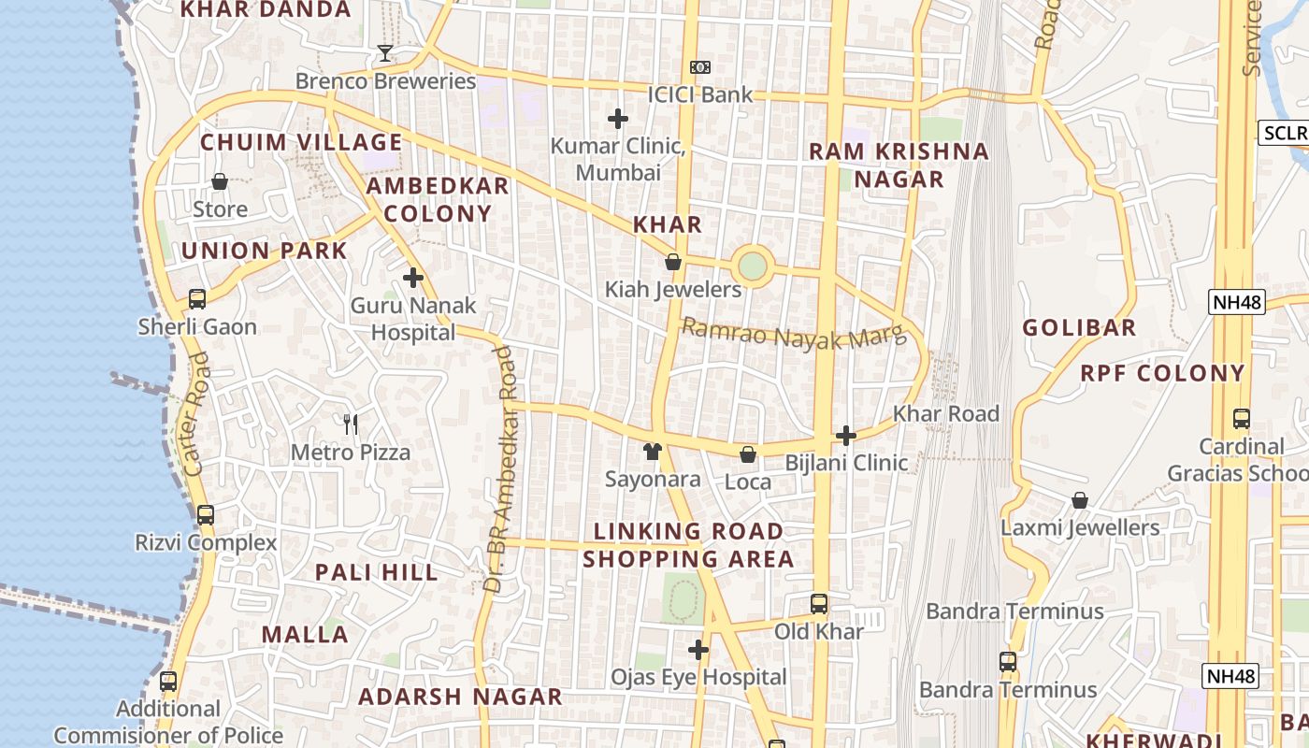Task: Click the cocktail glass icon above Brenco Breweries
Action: [x=384, y=53]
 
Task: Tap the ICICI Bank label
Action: [x=700, y=93]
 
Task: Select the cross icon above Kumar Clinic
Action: [x=618, y=119]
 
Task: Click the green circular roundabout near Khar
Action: [x=752, y=266]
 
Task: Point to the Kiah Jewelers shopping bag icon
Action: [x=672, y=263]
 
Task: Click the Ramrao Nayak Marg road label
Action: [x=794, y=334]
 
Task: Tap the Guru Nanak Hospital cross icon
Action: [x=413, y=278]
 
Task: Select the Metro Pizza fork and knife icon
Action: [x=351, y=424]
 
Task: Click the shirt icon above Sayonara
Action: [x=653, y=452]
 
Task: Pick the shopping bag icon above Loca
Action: [x=748, y=455]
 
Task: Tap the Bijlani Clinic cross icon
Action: [x=846, y=436]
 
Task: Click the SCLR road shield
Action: [x=1283, y=133]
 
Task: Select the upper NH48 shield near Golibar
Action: [x=1236, y=301]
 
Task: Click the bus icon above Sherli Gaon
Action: [x=197, y=299]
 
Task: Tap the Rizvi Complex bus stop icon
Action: [x=206, y=515]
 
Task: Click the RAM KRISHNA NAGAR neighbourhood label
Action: [x=899, y=165]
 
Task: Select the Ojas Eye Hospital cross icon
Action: [x=698, y=650]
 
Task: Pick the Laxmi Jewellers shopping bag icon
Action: [x=1080, y=501]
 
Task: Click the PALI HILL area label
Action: [x=377, y=572]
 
